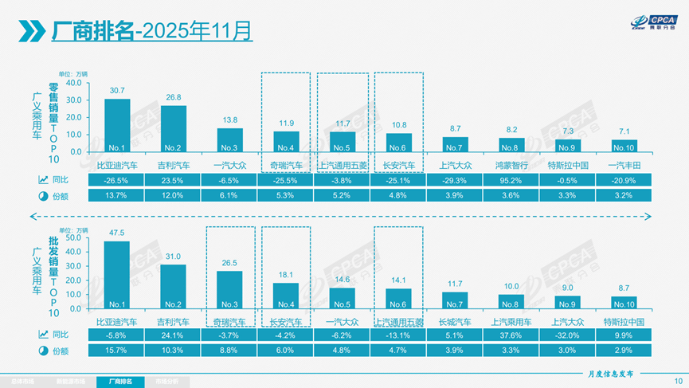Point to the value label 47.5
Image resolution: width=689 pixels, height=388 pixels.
tap(117, 233)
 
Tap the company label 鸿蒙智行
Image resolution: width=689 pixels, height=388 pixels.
tap(512, 165)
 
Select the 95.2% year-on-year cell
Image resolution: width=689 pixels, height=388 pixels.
tap(512, 181)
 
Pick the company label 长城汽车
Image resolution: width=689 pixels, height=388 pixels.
tap(456, 323)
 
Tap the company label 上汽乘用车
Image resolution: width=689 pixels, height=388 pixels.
tap(512, 323)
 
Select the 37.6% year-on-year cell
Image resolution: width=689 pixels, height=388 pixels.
tap(512, 336)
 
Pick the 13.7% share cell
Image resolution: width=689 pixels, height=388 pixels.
tap(117, 195)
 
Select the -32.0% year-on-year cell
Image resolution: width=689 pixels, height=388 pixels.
tap(568, 336)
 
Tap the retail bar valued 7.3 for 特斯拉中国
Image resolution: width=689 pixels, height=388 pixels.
tap(568, 145)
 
